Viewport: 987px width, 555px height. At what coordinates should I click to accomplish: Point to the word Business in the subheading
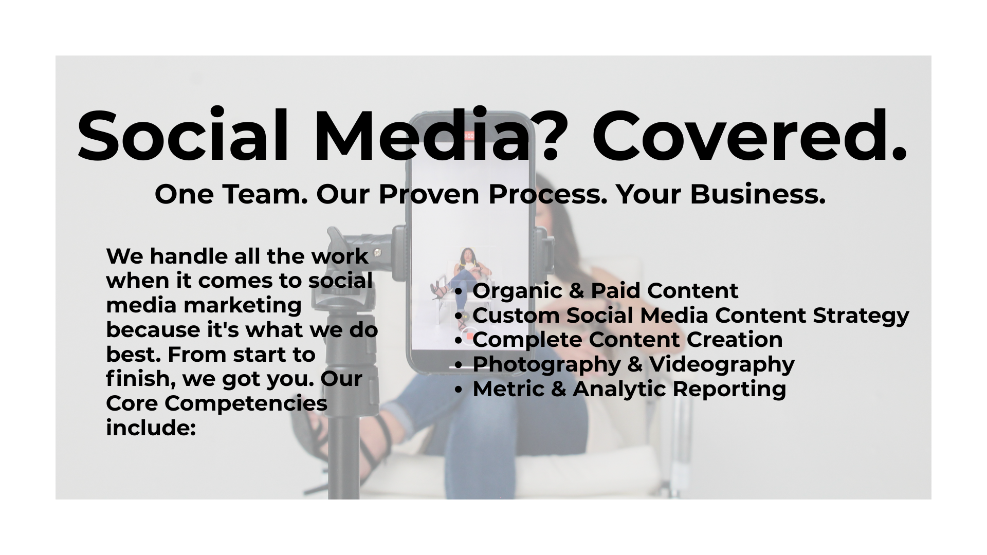(757, 194)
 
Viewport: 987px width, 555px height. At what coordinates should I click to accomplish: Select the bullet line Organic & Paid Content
(605, 291)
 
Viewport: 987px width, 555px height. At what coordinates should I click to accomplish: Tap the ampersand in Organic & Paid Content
(576, 291)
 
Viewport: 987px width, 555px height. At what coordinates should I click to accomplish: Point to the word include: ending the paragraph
(151, 428)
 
